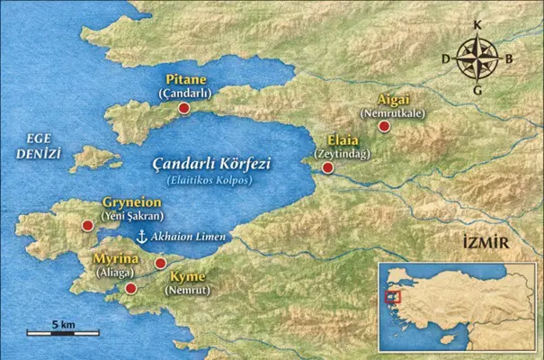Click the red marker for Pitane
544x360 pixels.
coord(184,108)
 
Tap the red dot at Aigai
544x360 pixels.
coord(384,126)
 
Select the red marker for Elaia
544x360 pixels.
coord(328,167)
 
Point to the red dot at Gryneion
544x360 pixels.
coord(87,226)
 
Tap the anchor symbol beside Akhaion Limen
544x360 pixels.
coord(141,237)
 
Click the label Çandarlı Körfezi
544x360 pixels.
coord(211,164)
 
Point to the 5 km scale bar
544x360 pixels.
coord(62,333)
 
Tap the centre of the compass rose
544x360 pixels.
coord(477,60)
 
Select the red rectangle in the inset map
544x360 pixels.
coord(390,296)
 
